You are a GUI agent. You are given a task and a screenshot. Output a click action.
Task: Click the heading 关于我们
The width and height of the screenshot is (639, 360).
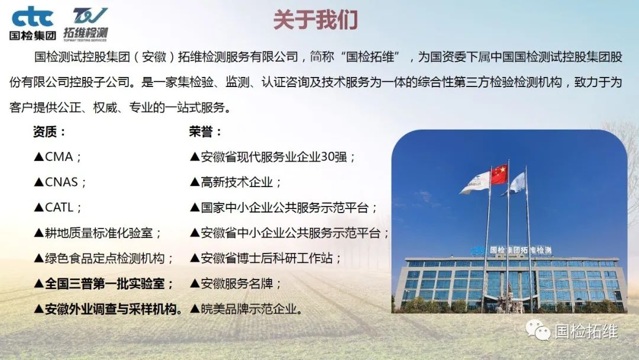[315, 20]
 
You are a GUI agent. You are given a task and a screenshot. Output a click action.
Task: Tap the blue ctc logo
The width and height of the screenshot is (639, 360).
[33, 17]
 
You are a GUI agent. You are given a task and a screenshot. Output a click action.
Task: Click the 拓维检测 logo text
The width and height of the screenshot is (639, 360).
[86, 33]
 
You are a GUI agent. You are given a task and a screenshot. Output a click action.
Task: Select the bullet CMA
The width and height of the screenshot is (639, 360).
[57, 157]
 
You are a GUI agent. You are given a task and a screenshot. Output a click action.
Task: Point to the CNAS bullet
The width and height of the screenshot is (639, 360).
[60, 182]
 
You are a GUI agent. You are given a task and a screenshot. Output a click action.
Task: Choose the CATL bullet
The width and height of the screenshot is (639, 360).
[57, 207]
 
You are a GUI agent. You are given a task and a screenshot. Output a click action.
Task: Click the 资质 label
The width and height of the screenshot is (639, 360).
[49, 131]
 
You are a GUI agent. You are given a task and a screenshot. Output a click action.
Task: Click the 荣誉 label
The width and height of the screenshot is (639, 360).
[205, 131]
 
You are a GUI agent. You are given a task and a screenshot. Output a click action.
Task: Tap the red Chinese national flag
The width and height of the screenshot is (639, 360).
[499, 174]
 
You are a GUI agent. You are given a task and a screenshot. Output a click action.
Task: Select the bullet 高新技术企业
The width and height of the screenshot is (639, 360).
[235, 182]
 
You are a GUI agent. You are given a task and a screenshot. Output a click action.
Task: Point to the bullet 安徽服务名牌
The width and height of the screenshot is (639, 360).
[235, 284]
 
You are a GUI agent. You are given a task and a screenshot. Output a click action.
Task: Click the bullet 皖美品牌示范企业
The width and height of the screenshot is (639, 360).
[247, 309]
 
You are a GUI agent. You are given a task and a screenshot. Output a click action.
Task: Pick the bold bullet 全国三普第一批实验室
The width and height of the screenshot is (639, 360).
[104, 284]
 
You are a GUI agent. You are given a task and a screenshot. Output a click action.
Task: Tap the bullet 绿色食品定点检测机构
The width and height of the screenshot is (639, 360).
[104, 259]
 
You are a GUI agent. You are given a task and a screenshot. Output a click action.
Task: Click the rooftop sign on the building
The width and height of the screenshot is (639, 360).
[512, 250]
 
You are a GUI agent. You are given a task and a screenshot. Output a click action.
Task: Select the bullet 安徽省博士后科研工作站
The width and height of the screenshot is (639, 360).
[265, 259]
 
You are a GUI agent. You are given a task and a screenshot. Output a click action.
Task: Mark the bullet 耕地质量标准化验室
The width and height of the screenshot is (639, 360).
[98, 233]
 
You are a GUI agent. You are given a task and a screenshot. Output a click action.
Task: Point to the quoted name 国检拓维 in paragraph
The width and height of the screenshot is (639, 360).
[370, 57]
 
